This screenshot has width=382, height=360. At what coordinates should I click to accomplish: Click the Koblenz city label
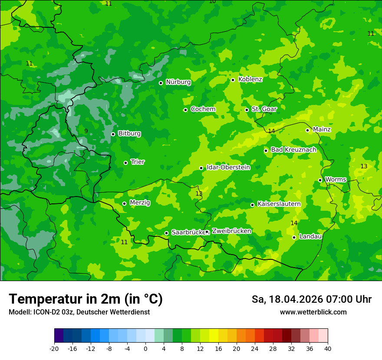coord(250,79)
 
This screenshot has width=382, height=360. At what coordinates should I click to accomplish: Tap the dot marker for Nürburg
coord(161,83)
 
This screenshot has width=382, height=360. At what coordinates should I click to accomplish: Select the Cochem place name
coord(203,109)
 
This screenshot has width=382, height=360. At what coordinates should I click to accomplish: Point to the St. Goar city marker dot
coord(247,110)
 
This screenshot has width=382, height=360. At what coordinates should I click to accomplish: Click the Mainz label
coord(322,130)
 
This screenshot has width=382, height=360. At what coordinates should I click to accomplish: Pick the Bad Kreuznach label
coord(293,150)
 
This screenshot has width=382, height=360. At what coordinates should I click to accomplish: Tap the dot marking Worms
coord(320,180)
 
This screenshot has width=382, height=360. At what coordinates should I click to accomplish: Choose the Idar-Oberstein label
coord(228,167)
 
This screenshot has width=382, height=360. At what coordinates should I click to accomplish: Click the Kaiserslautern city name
coord(279,204)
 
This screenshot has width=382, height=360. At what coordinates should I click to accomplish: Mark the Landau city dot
coord(294,237)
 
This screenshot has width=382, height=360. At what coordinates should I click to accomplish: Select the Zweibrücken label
coord(231,231)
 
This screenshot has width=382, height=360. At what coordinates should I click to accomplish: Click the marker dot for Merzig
coord(124,203)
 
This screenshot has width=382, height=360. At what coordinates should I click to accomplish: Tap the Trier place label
coord(138,162)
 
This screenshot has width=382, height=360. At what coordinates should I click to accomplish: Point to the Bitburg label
coord(129,134)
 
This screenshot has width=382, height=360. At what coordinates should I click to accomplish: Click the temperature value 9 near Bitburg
coord(86,131)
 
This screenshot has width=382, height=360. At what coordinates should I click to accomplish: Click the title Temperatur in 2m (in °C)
coord(86,299)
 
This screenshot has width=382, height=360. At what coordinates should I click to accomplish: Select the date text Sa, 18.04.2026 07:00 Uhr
coord(311,299)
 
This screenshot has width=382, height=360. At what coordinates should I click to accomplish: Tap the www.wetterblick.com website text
coord(313,312)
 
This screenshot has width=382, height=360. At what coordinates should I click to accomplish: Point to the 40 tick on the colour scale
coord(327,348)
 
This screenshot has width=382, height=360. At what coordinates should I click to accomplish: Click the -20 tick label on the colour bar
coord(54,348)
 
